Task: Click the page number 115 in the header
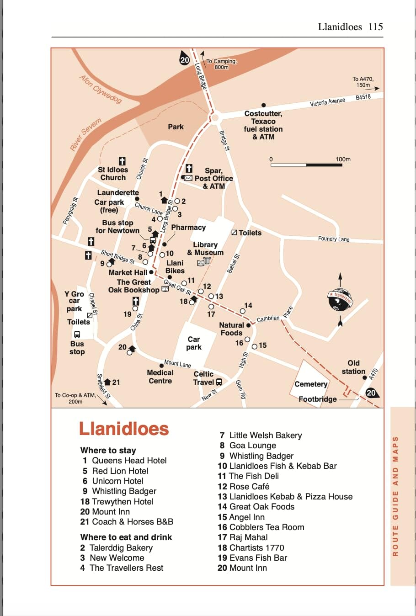pos(375,27)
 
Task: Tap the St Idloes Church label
pos(113,174)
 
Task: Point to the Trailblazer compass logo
pos(340,299)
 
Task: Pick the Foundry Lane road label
pos(334,239)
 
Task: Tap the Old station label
pos(353,367)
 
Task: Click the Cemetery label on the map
pos(311,384)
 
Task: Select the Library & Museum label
pos(205,249)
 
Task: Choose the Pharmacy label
pos(188,228)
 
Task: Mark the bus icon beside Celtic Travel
pos(219,382)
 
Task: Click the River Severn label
pos(85,134)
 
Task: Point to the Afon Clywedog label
pos(101,89)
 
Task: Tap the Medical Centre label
pos(160,377)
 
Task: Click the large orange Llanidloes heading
pos(124,429)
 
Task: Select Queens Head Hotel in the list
pos(129,461)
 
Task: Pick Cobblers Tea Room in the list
pos(266,527)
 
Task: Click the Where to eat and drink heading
pos(126,537)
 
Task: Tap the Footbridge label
pos(318,399)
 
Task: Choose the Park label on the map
pos(176,127)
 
